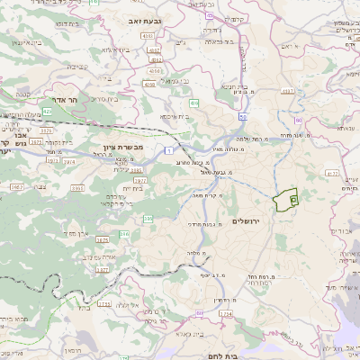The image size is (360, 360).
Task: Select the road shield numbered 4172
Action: (332, 172)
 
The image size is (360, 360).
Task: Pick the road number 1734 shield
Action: (224, 314)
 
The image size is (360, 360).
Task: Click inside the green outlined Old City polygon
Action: (286, 201)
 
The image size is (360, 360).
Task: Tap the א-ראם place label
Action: (289, 45)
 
